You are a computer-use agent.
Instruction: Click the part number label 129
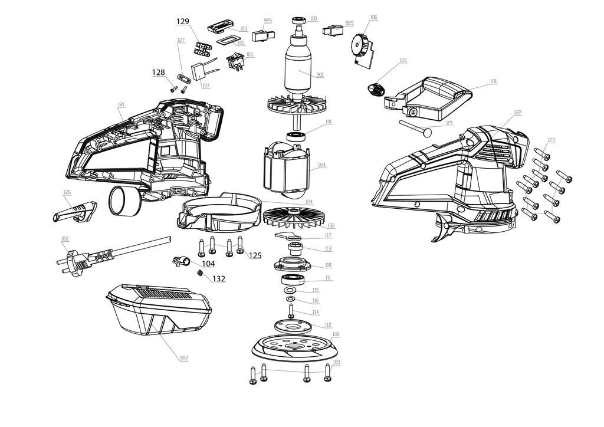(x=183, y=21)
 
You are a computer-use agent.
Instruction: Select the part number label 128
(x=158, y=73)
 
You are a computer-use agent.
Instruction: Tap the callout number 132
(x=219, y=278)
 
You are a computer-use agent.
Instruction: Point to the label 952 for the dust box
(x=184, y=359)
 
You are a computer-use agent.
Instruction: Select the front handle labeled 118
(x=434, y=95)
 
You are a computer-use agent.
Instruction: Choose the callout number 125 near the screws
(x=255, y=255)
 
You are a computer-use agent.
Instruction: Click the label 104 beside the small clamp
(x=208, y=264)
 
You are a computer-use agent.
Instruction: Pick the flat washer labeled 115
(x=290, y=291)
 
